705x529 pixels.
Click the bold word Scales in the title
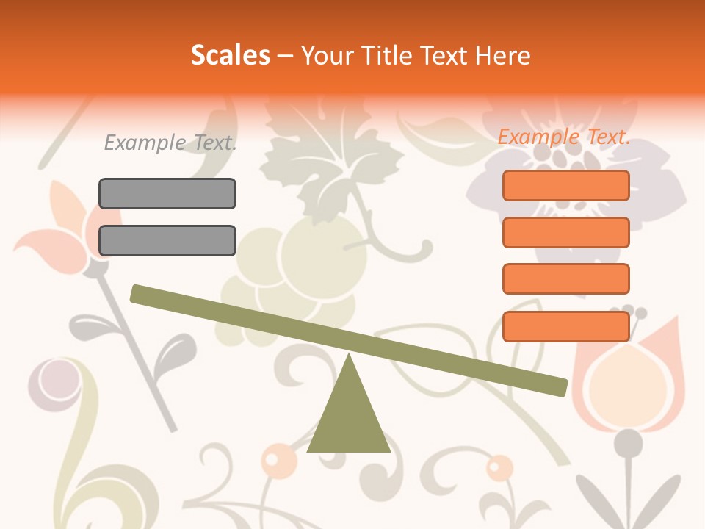[x=230, y=55]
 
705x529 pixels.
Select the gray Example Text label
[x=170, y=143]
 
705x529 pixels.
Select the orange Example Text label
[x=564, y=137]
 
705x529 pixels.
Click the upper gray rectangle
[x=167, y=193]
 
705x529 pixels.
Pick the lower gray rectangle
[x=167, y=240]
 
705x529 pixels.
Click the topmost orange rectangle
[x=565, y=185]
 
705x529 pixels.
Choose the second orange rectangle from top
[x=565, y=232]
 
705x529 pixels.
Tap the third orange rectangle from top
[x=565, y=278]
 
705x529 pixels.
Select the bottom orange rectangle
[x=565, y=326]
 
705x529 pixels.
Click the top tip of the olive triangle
[x=349, y=357]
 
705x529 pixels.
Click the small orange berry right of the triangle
[x=499, y=467]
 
